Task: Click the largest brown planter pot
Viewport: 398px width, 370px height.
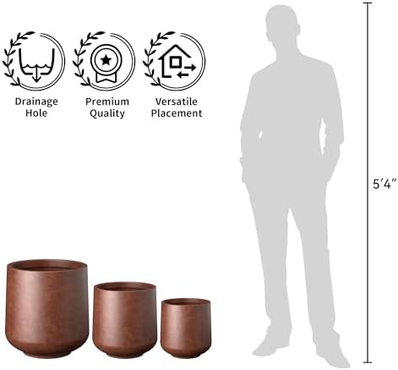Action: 47,308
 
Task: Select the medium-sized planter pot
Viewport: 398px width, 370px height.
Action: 125,320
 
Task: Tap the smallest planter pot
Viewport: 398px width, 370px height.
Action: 186,328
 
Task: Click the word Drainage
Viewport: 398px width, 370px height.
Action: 36,102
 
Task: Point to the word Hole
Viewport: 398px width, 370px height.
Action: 36,113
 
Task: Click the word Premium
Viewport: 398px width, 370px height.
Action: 107,102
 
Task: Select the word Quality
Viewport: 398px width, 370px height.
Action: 107,113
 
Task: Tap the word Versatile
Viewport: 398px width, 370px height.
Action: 177,102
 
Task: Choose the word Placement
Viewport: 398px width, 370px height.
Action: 177,113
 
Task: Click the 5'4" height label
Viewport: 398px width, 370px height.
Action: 384,184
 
